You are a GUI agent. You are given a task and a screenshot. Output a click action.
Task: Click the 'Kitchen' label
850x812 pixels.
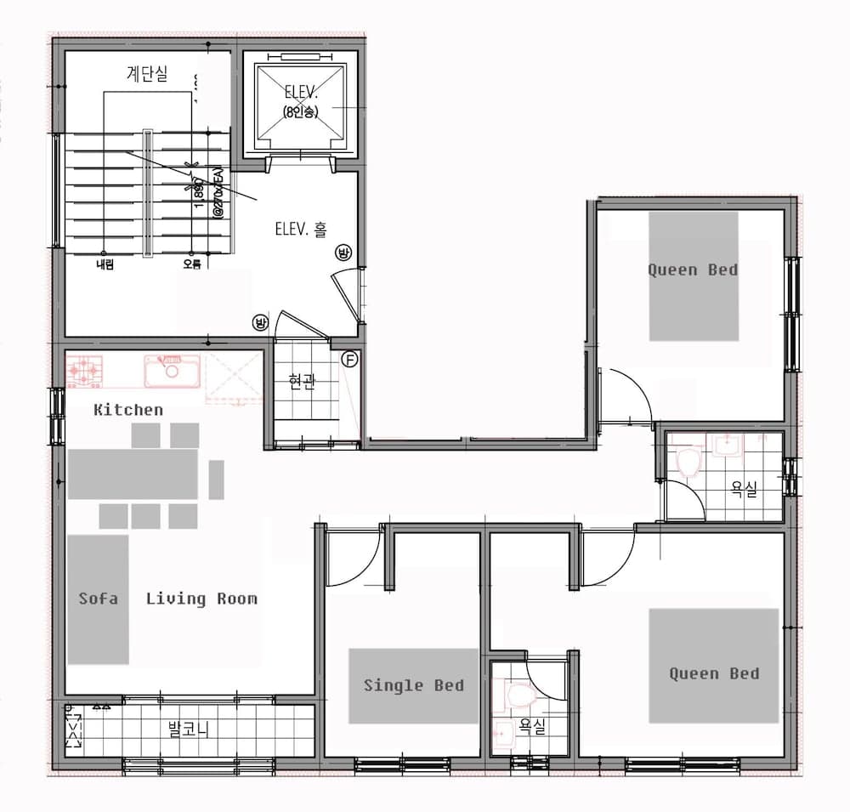tap(127, 410)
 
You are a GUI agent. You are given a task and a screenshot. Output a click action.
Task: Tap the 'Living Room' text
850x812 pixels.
tap(201, 599)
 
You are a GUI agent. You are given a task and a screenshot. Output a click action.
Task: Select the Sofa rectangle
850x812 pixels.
tap(98, 599)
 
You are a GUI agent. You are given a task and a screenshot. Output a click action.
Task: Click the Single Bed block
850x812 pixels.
tap(414, 686)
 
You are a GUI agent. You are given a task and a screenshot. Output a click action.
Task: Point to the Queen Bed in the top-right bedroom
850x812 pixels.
tap(693, 275)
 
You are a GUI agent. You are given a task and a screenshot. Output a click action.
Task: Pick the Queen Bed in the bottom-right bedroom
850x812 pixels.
tap(714, 666)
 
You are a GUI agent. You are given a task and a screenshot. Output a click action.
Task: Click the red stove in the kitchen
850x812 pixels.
tap(85, 370)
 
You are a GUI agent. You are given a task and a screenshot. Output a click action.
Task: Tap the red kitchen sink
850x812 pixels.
tap(172, 371)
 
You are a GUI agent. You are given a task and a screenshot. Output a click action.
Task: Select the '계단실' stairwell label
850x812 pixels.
tap(147, 74)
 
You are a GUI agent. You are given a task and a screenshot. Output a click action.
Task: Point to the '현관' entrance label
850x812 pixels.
tap(302, 382)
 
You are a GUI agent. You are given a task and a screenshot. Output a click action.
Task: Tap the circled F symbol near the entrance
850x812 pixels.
tap(348, 359)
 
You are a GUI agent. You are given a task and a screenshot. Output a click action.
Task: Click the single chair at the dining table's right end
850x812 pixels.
tap(216, 480)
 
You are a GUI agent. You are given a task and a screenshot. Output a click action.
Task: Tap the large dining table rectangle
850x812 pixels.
tap(133, 474)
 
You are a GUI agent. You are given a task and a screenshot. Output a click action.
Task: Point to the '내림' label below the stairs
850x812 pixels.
tap(105, 264)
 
